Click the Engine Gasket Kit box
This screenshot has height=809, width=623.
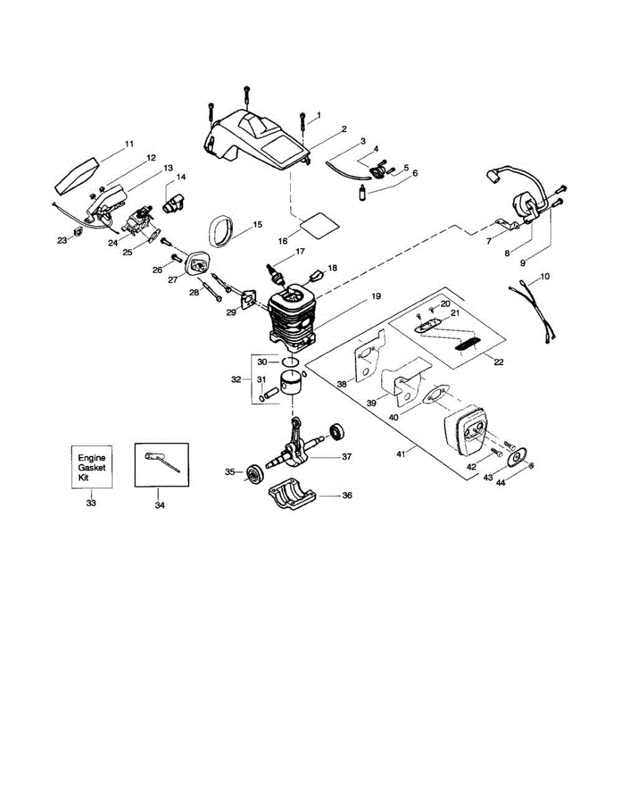pyautogui.click(x=91, y=466)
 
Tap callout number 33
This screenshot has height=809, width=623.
pyautogui.click(x=91, y=502)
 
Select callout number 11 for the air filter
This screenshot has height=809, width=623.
pyautogui.click(x=129, y=144)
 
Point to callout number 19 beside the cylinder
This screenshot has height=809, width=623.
pyautogui.click(x=375, y=296)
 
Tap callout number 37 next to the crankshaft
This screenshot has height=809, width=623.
pyautogui.click(x=346, y=457)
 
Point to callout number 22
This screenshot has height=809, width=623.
pyautogui.click(x=498, y=362)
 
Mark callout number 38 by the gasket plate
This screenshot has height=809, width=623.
pyautogui.click(x=341, y=384)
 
